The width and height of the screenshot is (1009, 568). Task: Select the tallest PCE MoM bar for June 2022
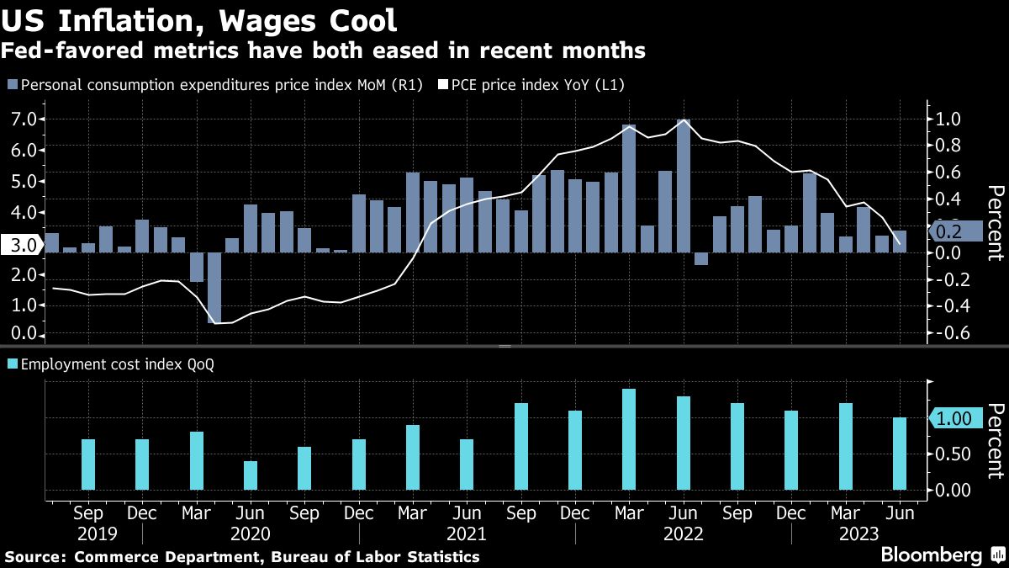click(x=683, y=185)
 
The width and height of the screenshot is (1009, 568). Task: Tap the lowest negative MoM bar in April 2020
click(x=214, y=287)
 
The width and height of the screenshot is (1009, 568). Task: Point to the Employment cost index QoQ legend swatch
click(x=13, y=365)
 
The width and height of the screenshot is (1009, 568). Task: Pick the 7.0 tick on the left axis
click(x=24, y=119)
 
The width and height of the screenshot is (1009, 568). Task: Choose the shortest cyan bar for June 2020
click(x=251, y=475)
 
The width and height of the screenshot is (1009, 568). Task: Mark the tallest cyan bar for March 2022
click(x=629, y=439)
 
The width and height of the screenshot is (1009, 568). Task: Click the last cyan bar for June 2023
click(x=900, y=454)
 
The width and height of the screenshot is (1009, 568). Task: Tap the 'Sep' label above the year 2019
click(x=88, y=512)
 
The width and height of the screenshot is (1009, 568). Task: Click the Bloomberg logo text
click(x=931, y=555)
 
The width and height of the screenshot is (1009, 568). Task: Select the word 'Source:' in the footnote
click(x=37, y=557)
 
